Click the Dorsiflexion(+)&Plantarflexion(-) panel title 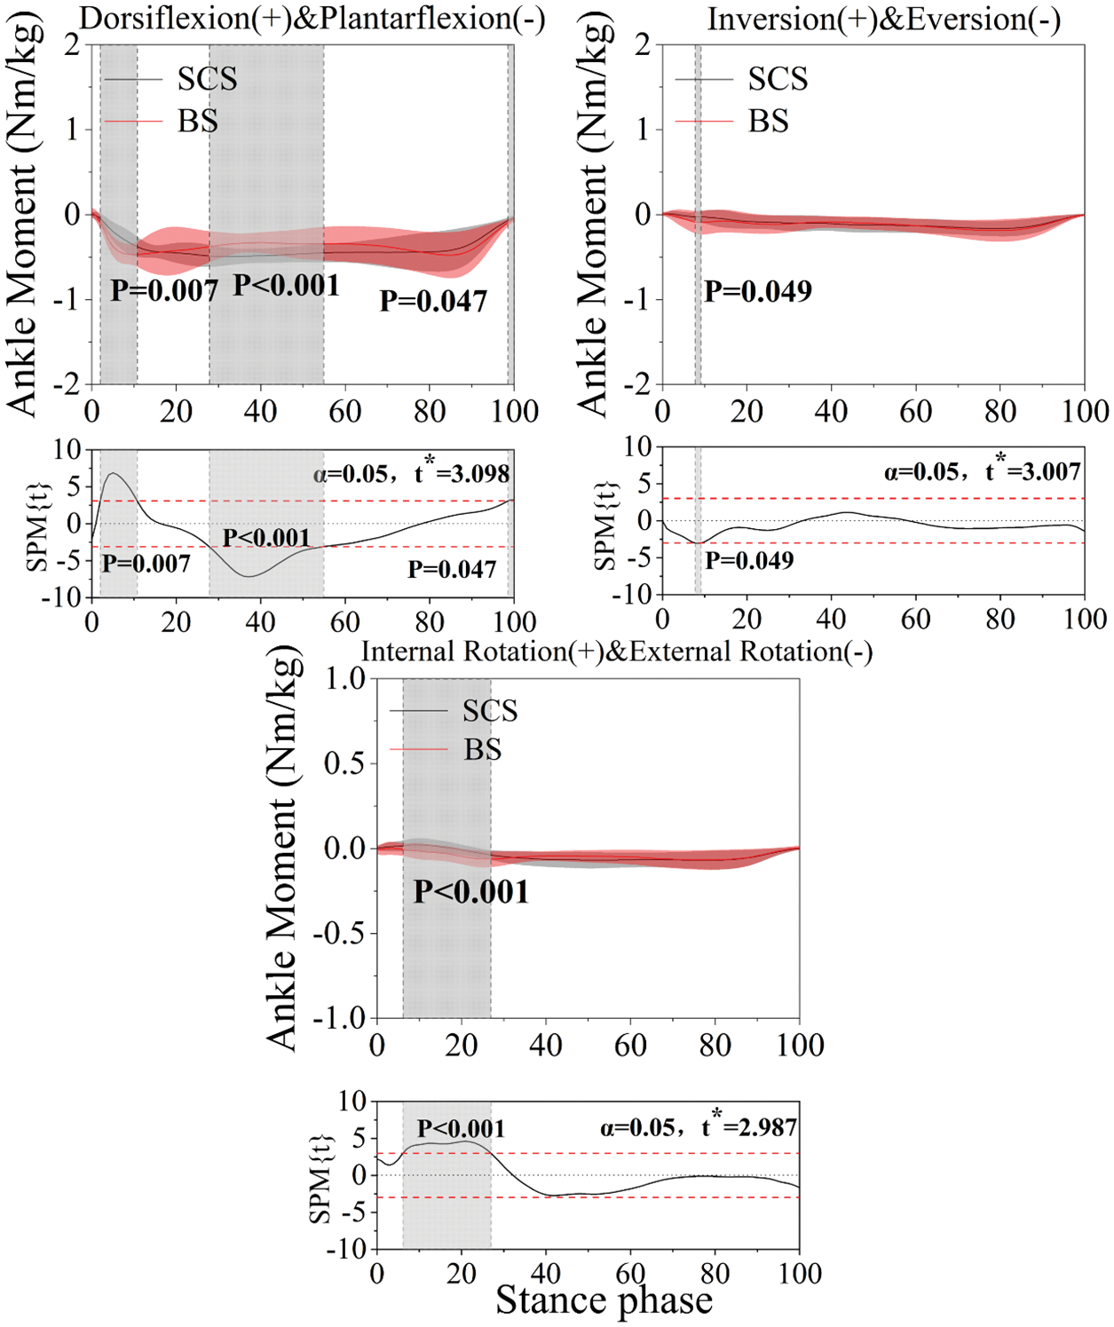tap(312, 19)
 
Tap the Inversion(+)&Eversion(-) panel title tap(883, 19)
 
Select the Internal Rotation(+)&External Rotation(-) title tap(617, 652)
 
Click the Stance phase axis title tap(604, 1300)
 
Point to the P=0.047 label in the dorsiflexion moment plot tap(433, 302)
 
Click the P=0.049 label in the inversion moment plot tap(758, 291)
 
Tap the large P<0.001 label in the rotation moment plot tap(471, 892)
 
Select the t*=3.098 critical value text tap(462, 472)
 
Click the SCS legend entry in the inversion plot tap(778, 79)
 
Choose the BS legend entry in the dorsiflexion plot tap(197, 121)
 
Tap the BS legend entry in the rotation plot tap(482, 750)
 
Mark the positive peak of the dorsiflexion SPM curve tap(113, 473)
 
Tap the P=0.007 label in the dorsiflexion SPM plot tap(146, 564)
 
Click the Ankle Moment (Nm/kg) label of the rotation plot tap(282, 848)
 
